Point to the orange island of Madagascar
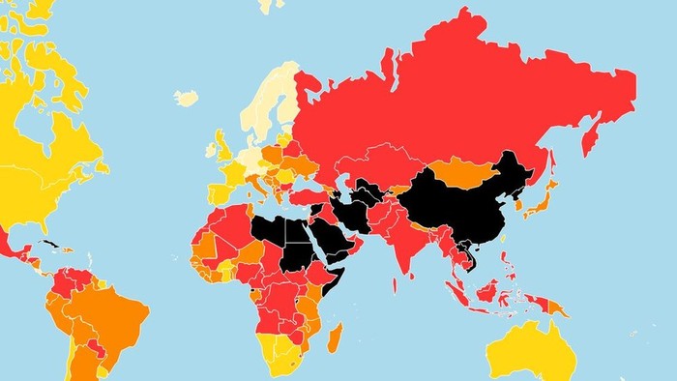click(x=336, y=338)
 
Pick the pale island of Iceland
click(x=186, y=98)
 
